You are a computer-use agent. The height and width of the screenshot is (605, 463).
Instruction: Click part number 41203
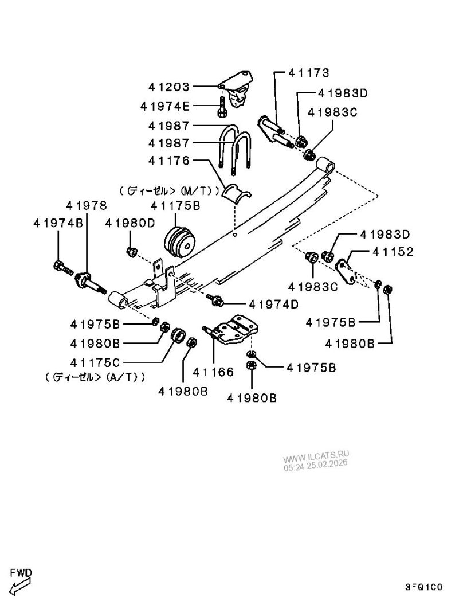tap(168, 87)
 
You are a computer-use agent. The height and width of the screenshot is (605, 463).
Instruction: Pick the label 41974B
tap(58, 223)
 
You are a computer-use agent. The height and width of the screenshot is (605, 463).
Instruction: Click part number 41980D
tap(130, 223)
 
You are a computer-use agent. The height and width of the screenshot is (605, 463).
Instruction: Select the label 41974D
tap(273, 305)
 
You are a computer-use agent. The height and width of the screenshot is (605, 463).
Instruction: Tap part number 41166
tap(213, 372)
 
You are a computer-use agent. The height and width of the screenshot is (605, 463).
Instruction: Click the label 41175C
tap(95, 362)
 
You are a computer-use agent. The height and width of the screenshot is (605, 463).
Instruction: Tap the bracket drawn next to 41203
tap(237, 87)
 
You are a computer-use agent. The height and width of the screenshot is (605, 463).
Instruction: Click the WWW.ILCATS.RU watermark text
tap(316, 458)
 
